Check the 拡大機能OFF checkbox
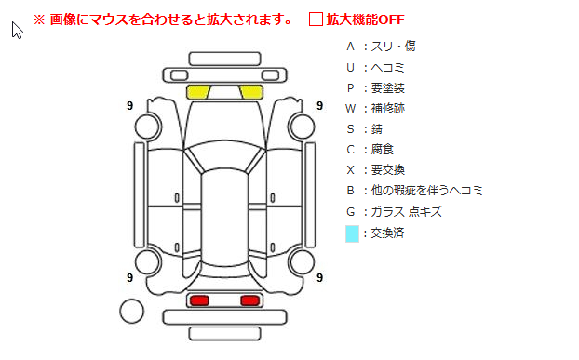pyautogui.click(x=316, y=20)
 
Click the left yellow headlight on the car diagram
pyautogui.click(x=198, y=92)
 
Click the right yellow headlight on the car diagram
pyautogui.click(x=251, y=92)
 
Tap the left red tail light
pyautogui.click(x=199, y=300)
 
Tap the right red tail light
pyautogui.click(x=250, y=300)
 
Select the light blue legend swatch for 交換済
pyautogui.click(x=352, y=233)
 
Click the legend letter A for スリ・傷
pyautogui.click(x=350, y=47)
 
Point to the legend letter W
pyautogui.click(x=350, y=109)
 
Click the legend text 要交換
pyautogui.click(x=388, y=170)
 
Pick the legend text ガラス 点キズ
pyautogui.click(x=406, y=212)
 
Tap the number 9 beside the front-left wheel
pyautogui.click(x=129, y=106)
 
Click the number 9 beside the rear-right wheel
pyautogui.click(x=320, y=277)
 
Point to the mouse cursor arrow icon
pyautogui.click(x=17, y=30)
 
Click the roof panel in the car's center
pyautogui.click(x=224, y=218)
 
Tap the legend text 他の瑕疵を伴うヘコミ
pyautogui.click(x=427, y=191)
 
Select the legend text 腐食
pyautogui.click(x=383, y=150)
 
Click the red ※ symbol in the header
pyautogui.click(x=39, y=20)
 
